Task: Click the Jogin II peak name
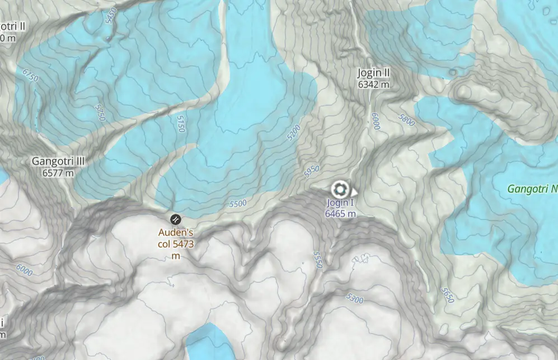[373, 73]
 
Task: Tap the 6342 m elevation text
[373, 85]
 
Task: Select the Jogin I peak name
[340, 203]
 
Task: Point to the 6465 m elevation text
[340, 213]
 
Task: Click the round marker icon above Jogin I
[340, 189]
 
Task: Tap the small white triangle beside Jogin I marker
[354, 191]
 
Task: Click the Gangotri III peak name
[58, 161]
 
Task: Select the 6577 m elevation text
[58, 172]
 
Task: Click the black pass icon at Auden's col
[175, 218]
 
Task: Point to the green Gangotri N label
[532, 189]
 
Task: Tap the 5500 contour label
[238, 204]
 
